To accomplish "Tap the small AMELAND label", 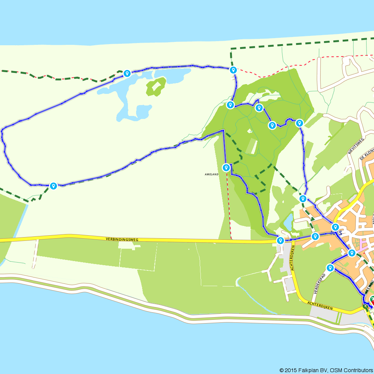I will click(212, 174).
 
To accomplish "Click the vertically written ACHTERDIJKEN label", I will click(293, 258).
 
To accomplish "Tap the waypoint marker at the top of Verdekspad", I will click(330, 267).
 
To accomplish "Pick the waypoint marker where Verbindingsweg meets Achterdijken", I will click(280, 240).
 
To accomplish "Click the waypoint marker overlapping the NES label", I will click(335, 227).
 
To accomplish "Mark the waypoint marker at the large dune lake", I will click(127, 73).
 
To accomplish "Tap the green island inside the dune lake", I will click(156, 86).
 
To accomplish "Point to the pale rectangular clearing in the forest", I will click(252, 146).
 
